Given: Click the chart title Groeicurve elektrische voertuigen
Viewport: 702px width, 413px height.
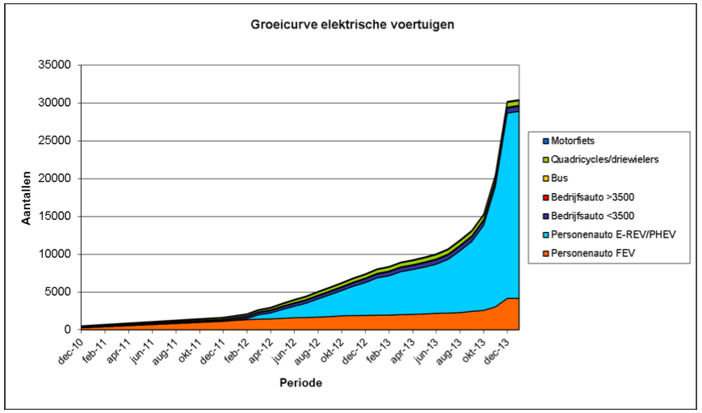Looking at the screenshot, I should [351, 24].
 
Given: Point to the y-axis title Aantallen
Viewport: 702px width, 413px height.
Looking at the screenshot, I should [27, 197].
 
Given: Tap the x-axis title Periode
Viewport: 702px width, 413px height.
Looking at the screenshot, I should [301, 382].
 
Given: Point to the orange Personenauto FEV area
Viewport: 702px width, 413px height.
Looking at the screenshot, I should [404, 322].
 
